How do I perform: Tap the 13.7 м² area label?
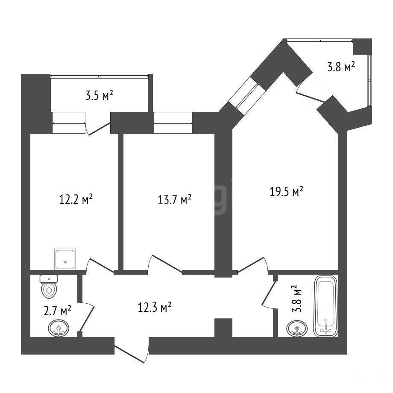coord(175,199)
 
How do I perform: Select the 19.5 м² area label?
coord(286,191)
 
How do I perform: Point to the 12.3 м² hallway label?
coord(154,307)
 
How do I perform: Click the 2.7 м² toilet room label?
coord(57,311)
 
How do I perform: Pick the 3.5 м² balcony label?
coord(99,96)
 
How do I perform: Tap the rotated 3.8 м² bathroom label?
coord(297,299)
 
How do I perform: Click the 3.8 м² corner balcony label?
coord(341,67)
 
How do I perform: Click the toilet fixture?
coord(49,287)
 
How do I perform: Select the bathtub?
coord(326,306)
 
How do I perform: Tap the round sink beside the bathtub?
coord(297,328)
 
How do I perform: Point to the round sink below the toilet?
coord(59,328)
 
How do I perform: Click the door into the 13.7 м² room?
coord(164,264)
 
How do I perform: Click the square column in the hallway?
coord(223,328)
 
